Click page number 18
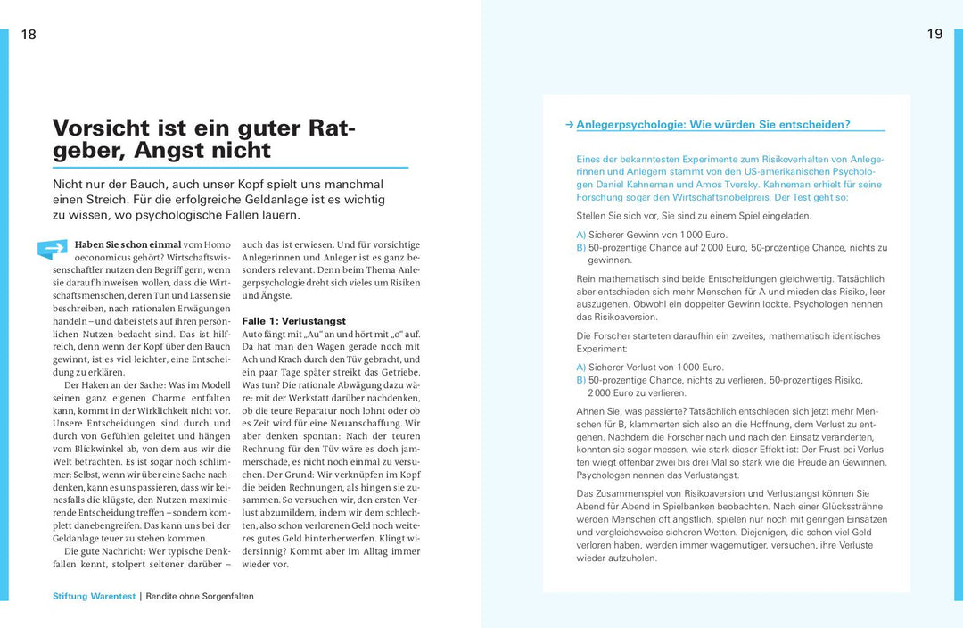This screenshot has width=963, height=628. point(29,35)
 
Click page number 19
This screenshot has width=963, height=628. point(934,35)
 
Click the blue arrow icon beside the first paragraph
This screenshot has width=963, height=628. point(53,249)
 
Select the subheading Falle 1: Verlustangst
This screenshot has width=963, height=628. point(294,321)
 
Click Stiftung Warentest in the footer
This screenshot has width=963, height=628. point(94,596)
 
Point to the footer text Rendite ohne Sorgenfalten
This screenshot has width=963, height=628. point(200,596)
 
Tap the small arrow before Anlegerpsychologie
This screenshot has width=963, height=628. point(569,125)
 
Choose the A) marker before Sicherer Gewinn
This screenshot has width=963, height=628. point(581,235)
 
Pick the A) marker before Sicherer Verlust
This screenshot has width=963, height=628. point(581,367)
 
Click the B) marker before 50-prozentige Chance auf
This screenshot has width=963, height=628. point(581,247)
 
